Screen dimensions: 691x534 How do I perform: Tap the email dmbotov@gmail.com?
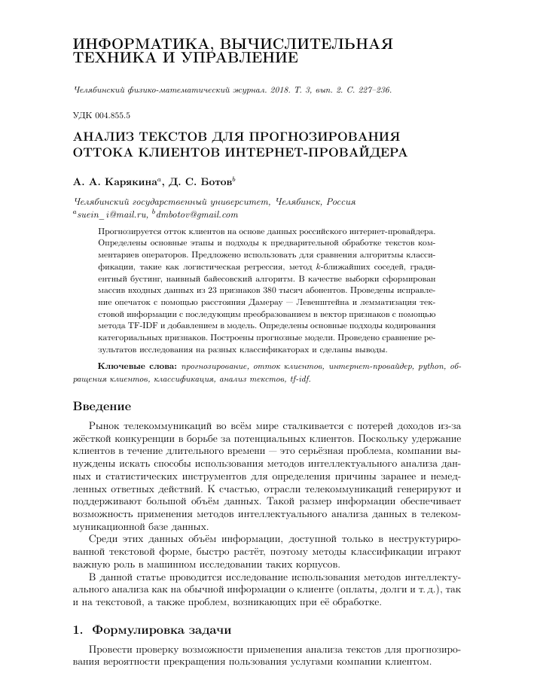191,214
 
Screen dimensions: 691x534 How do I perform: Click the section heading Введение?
102,406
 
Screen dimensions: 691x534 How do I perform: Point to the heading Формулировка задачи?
160,629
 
